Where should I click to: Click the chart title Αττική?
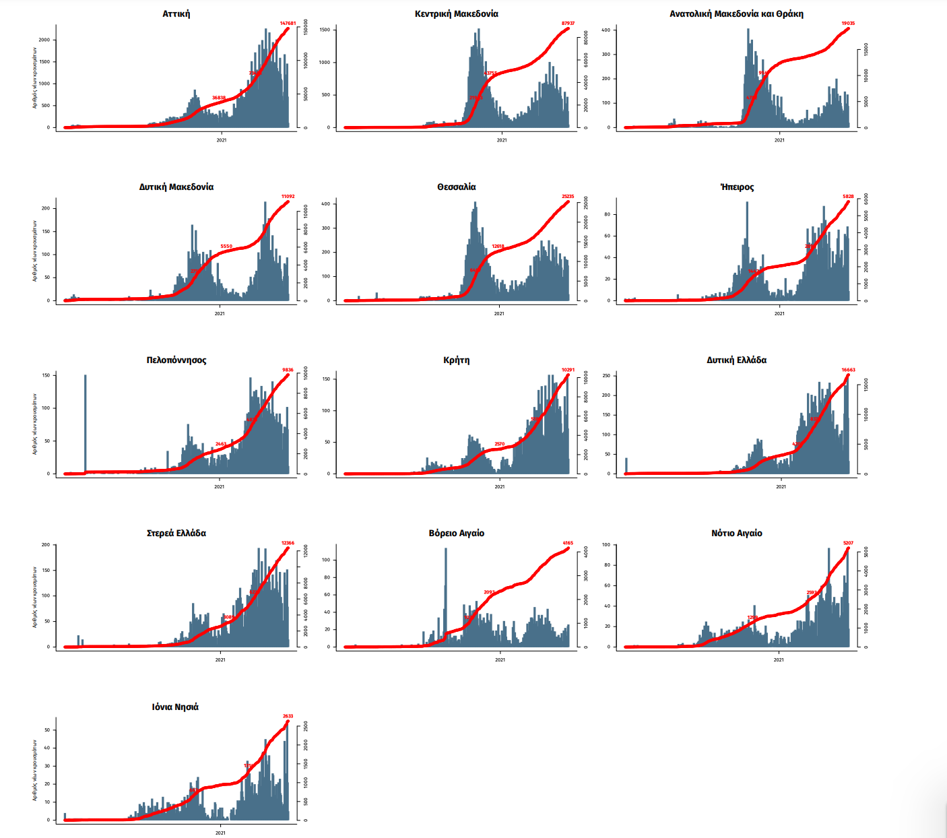pyautogui.click(x=176, y=13)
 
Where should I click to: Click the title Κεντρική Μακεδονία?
pyautogui.click(x=457, y=13)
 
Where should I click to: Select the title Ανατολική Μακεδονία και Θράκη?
pyautogui.click(x=736, y=13)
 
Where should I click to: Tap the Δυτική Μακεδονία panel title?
pyautogui.click(x=176, y=187)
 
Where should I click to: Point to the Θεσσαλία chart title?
pyautogui.click(x=457, y=187)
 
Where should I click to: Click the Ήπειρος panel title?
pyautogui.click(x=737, y=187)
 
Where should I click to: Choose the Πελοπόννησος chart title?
pyautogui.click(x=176, y=360)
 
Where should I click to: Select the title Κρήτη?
pyautogui.click(x=457, y=360)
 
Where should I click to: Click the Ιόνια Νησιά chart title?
pyautogui.click(x=175, y=707)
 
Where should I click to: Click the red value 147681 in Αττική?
pyautogui.click(x=288, y=24)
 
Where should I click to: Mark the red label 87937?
pyautogui.click(x=568, y=24)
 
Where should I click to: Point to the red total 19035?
pyautogui.click(x=848, y=24)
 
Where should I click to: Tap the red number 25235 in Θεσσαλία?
pyautogui.click(x=568, y=197)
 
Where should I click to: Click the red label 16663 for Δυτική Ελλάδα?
pyautogui.click(x=848, y=370)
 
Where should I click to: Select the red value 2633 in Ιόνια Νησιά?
pyautogui.click(x=288, y=716)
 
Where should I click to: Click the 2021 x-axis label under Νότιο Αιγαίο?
pyautogui.click(x=779, y=659)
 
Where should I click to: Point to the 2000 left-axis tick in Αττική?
pyautogui.click(x=44, y=40)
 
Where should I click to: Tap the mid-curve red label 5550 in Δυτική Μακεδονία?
pyautogui.click(x=226, y=247)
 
